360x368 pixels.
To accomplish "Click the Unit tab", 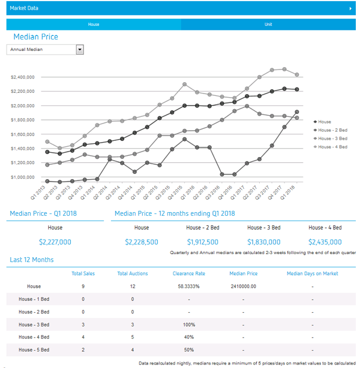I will (x=268, y=25).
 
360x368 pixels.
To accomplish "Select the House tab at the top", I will (x=93, y=25).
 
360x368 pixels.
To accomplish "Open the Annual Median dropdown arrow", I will (x=80, y=50).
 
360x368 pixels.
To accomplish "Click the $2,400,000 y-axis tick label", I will (x=23, y=77).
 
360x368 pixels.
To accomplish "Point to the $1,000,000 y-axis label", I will (x=23, y=177).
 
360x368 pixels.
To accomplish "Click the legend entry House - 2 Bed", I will (x=332, y=130).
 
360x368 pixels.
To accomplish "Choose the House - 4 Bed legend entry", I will (x=332, y=147).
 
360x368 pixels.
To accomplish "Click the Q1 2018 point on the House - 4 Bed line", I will (x=296, y=75).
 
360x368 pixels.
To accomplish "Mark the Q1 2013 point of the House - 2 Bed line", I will (x=47, y=180).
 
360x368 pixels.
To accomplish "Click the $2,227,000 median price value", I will (x=55, y=242).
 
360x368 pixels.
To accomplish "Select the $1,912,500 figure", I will (x=202, y=242).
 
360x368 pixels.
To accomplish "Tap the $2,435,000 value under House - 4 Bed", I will (x=325, y=242).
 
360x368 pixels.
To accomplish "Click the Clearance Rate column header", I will (x=189, y=274).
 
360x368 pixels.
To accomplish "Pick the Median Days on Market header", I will (x=312, y=274).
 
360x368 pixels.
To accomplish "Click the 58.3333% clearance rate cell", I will (x=189, y=286).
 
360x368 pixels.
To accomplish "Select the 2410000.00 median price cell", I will (x=243, y=286).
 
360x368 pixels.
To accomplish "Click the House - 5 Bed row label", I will (x=34, y=349).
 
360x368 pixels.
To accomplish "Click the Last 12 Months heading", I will (x=32, y=260).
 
